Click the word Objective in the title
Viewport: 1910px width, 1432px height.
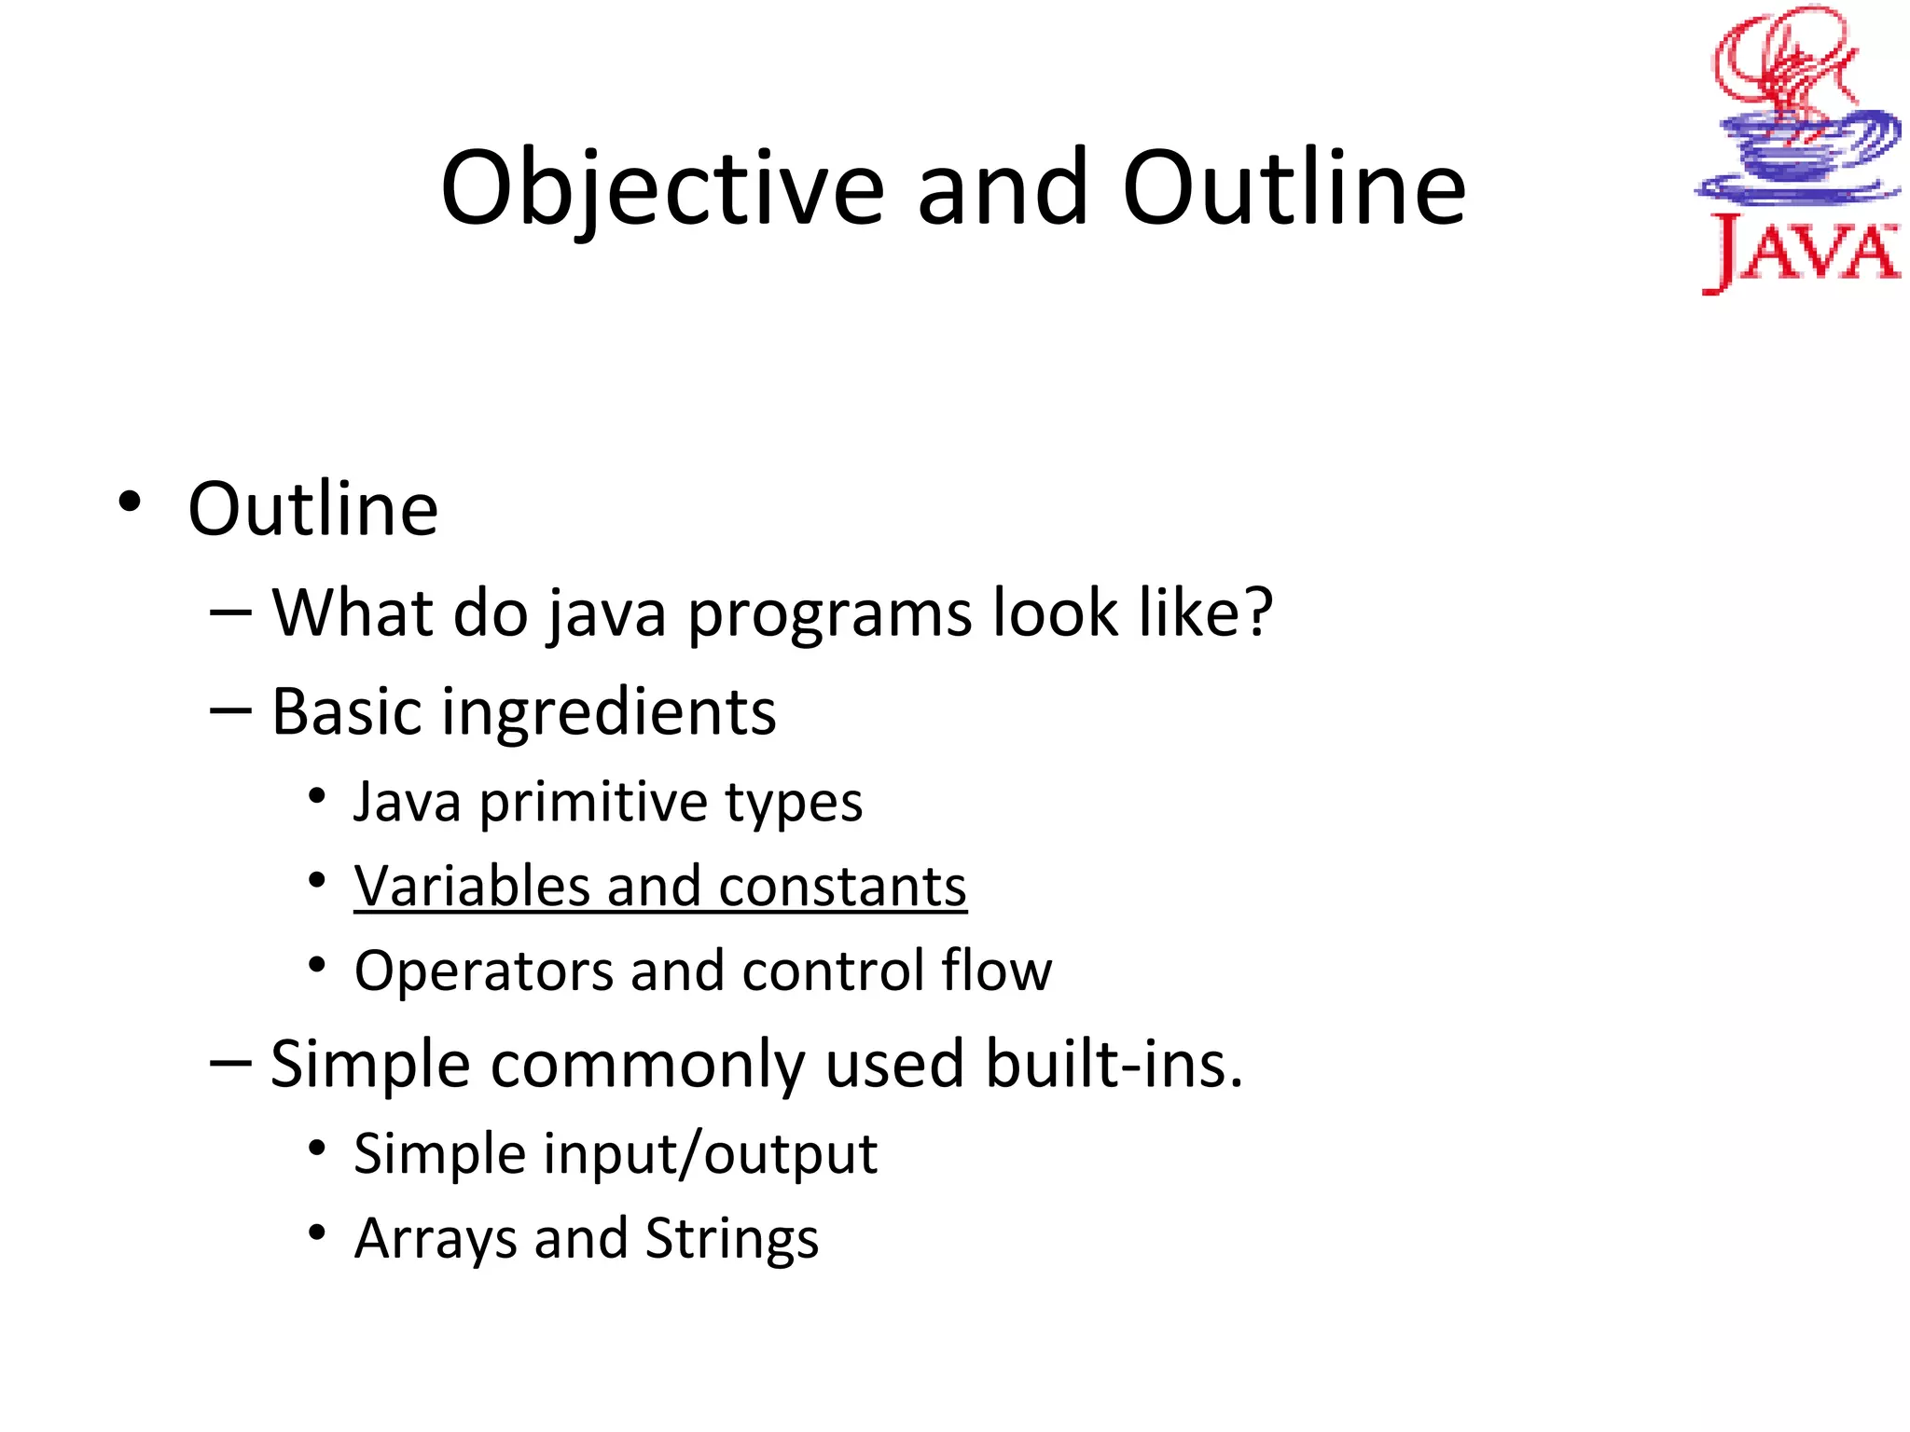pyautogui.click(x=662, y=189)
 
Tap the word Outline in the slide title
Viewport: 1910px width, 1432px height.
pyautogui.click(x=1294, y=189)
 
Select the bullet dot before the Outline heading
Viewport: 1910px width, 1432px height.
pyautogui.click(x=130, y=503)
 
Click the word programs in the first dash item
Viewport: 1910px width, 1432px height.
pyautogui.click(x=830, y=615)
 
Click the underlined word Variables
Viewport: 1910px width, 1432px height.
pyautogui.click(x=471, y=886)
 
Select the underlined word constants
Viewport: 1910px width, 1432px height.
pyautogui.click(x=842, y=886)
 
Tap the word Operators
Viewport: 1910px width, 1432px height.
pyautogui.click(x=482, y=971)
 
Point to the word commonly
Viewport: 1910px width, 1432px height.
pyautogui.click(x=647, y=1065)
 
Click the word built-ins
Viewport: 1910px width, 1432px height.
pyautogui.click(x=1114, y=1065)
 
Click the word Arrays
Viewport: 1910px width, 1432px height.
pyautogui.click(x=434, y=1239)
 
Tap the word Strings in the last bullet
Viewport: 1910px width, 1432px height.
pyautogui.click(x=731, y=1239)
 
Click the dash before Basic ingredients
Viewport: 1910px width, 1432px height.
pyautogui.click(x=230, y=711)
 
